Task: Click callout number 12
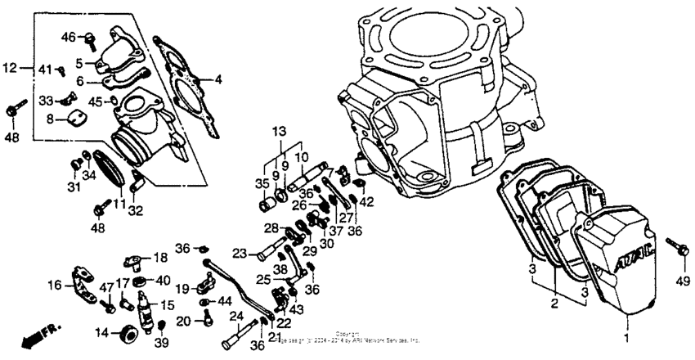pyautogui.click(x=9, y=68)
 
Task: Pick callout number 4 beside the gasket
pyautogui.click(x=218, y=79)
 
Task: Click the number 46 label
pyautogui.click(x=68, y=36)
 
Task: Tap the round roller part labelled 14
pyautogui.click(x=128, y=334)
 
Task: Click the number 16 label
pyautogui.click(x=55, y=286)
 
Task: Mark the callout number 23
pyautogui.click(x=240, y=253)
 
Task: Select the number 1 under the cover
pyautogui.click(x=628, y=338)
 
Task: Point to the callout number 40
pyautogui.click(x=162, y=280)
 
